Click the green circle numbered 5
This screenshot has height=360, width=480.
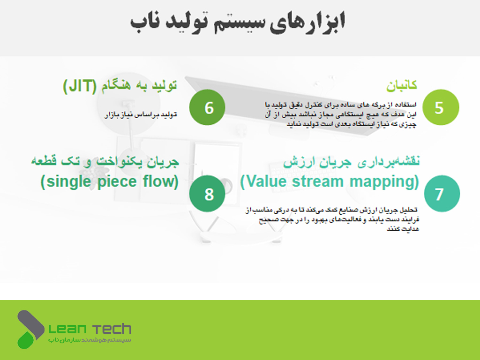[x=441, y=107]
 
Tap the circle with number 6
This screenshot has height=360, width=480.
[x=207, y=107]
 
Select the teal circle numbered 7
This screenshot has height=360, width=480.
[x=442, y=194]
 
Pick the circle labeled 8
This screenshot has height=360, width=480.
[x=207, y=194]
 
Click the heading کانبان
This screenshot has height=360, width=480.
[x=401, y=85]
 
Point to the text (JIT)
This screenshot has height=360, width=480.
[x=80, y=86]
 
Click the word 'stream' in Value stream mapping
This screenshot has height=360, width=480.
[x=317, y=181]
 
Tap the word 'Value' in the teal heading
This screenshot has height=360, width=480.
[x=264, y=181]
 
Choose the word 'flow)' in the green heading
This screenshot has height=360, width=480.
[x=160, y=181]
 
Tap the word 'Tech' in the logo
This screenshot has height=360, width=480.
[x=112, y=329]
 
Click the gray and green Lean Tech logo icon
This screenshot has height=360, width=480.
[x=30, y=330]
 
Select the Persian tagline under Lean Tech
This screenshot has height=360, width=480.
[x=90, y=340]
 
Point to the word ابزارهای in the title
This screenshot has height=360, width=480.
[x=307, y=22]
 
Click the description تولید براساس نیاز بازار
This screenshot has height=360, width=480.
[x=141, y=115]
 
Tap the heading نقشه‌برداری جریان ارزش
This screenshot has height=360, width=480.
[x=351, y=162]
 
